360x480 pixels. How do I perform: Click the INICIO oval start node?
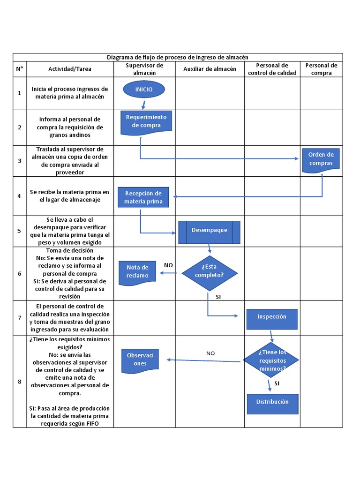click(144, 89)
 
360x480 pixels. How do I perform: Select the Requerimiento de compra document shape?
click(146, 121)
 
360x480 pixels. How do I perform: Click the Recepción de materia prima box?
click(143, 197)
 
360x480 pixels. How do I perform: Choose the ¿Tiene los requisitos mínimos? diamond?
click(271, 360)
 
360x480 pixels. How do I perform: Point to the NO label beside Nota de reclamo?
click(168, 265)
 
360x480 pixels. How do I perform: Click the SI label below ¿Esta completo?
click(218, 297)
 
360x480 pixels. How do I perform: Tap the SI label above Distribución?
click(277, 383)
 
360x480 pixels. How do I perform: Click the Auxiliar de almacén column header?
click(210, 69)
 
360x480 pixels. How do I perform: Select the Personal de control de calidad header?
click(272, 69)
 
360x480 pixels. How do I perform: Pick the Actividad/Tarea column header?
click(70, 69)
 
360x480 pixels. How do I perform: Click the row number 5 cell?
click(19, 231)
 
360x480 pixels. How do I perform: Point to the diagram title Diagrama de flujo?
click(177, 57)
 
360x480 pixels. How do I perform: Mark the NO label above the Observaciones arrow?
click(210, 353)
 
